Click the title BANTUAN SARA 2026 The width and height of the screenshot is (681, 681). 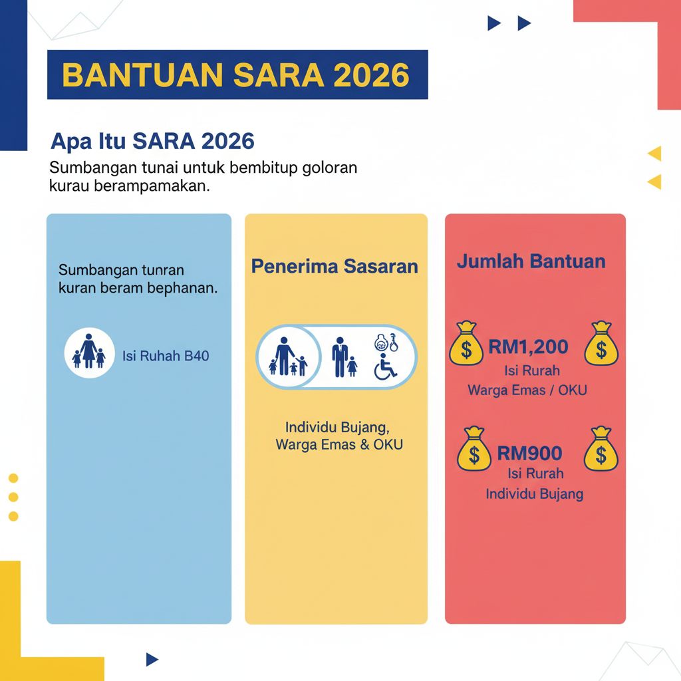click(237, 74)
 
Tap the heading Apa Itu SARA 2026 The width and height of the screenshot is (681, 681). click(152, 141)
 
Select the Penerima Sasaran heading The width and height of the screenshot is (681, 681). click(335, 267)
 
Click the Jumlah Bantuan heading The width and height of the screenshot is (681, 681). click(531, 261)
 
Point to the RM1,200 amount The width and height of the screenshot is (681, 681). click(528, 346)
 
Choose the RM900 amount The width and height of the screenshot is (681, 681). click(529, 454)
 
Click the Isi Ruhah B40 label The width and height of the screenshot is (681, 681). click(166, 356)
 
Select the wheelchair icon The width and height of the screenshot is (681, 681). click(385, 366)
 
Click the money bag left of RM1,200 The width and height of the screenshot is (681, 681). click(466, 344)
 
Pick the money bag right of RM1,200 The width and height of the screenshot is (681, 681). click(601, 344)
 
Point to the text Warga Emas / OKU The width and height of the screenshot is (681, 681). click(527, 390)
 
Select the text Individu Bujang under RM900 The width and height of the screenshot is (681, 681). click(534, 493)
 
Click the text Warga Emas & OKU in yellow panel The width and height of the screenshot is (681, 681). click(339, 445)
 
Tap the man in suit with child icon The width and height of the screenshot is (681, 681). click(344, 358)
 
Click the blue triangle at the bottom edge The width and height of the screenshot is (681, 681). click(152, 659)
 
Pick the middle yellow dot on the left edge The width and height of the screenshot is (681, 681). click(13, 497)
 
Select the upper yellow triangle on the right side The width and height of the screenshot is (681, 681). click(655, 154)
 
